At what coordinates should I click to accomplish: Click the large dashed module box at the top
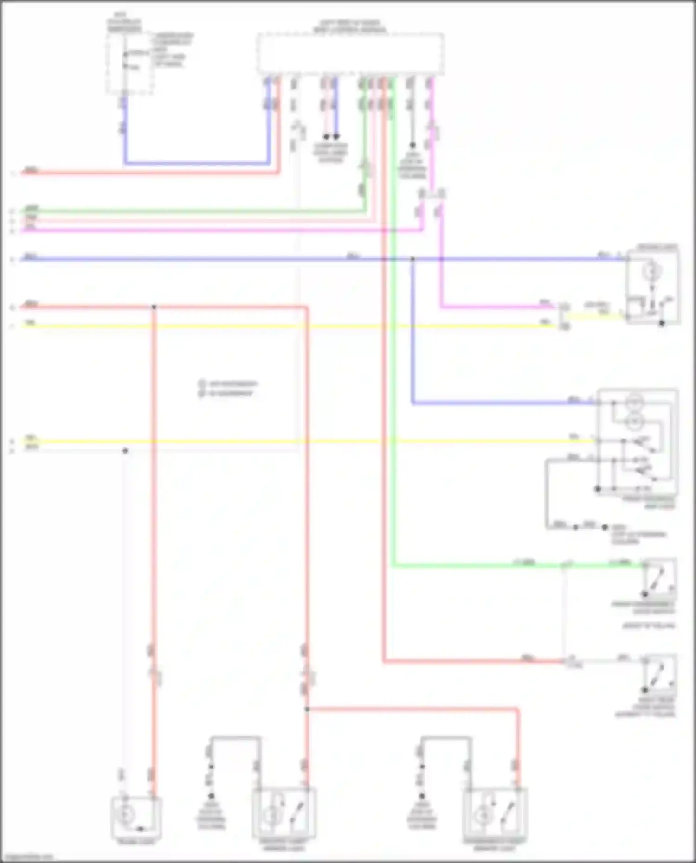[x=350, y=53]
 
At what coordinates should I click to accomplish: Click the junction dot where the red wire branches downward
[x=154, y=307]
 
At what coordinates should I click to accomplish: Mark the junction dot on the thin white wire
[x=125, y=451]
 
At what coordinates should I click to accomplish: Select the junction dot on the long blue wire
[x=412, y=259]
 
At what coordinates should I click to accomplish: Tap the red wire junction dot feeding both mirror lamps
[x=307, y=709]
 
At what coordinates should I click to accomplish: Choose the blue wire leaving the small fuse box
[x=195, y=163]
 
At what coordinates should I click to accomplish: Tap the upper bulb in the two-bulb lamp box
[x=634, y=402]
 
